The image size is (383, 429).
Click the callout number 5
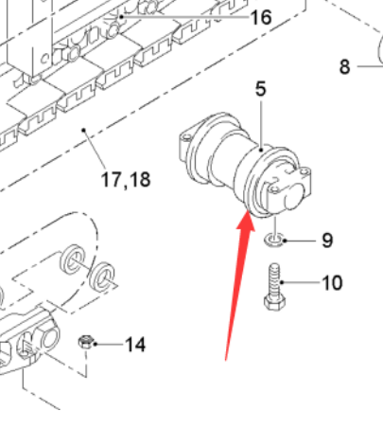tap(261, 90)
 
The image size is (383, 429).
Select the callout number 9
tap(326, 240)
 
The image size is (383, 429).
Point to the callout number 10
tap(332, 282)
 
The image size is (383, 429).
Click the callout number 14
tap(135, 344)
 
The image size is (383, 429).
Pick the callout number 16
tap(260, 18)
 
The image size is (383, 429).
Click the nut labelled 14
tap(84, 341)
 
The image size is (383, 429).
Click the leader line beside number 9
tap(299, 239)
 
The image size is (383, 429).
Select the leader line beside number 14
tap(107, 342)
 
